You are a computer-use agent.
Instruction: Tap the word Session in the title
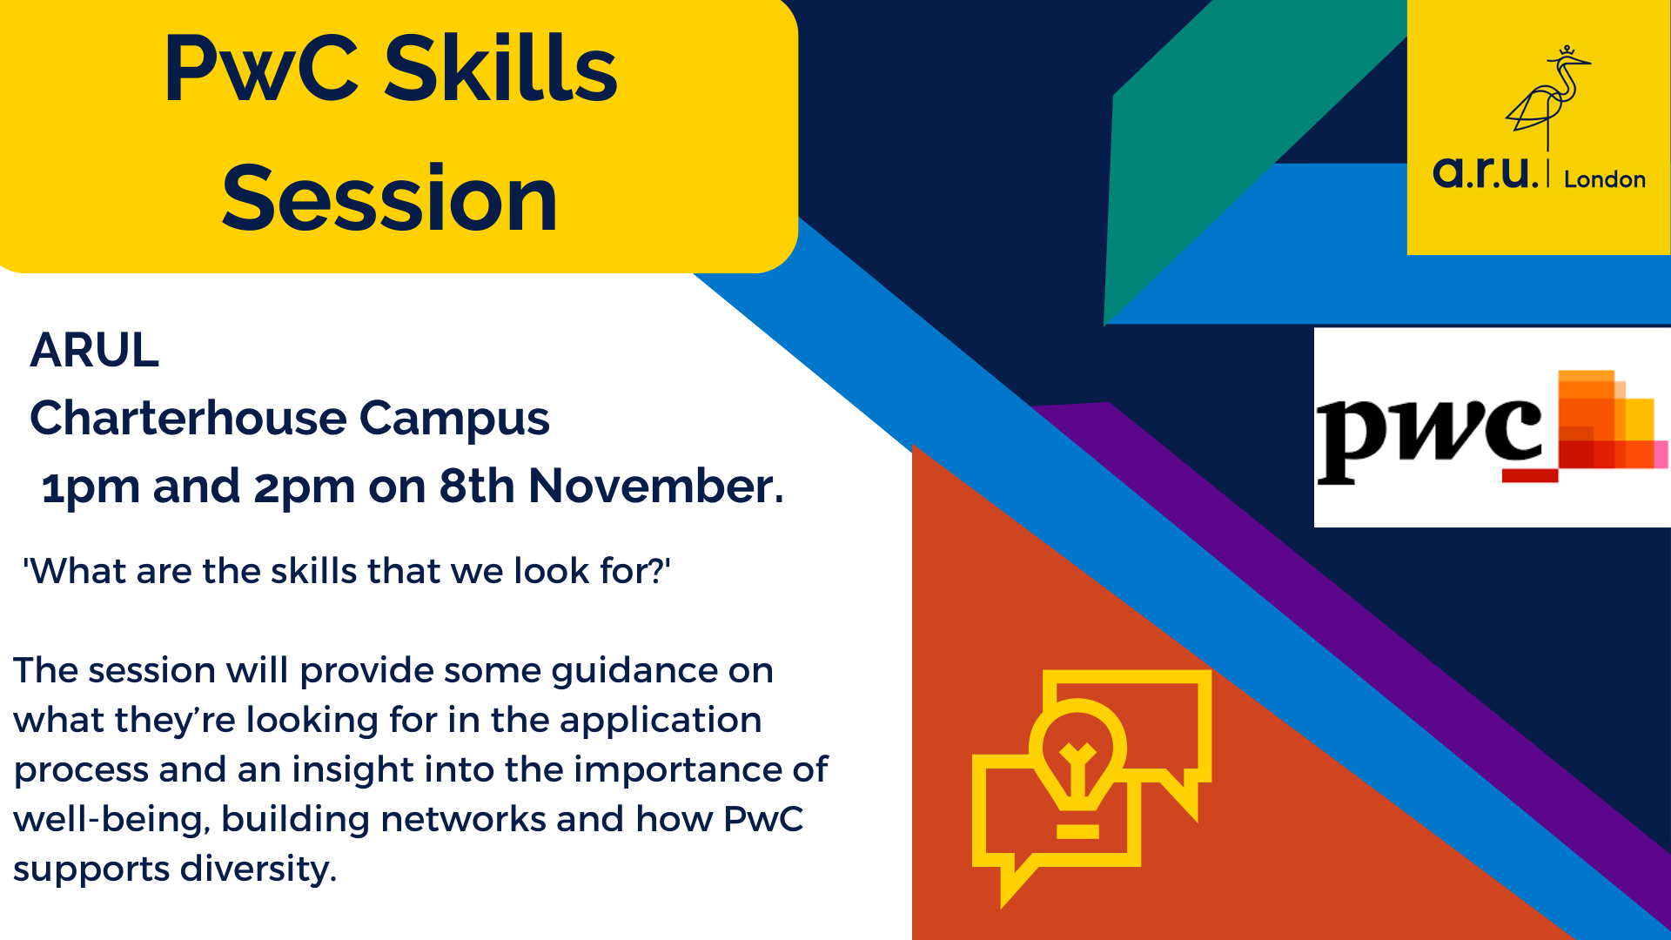tap(389, 200)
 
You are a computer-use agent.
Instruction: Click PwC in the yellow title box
tap(261, 70)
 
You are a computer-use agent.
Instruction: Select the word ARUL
tap(95, 351)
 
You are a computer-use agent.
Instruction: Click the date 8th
tap(477, 486)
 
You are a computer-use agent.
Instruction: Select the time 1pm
tap(91, 487)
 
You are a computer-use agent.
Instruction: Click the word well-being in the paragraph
tap(111, 820)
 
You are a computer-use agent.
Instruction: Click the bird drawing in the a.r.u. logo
tap(1547, 96)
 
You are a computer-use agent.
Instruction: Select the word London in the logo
tap(1604, 180)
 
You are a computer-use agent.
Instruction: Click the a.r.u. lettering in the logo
tap(1485, 172)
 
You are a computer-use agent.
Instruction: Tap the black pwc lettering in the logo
tap(1427, 435)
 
